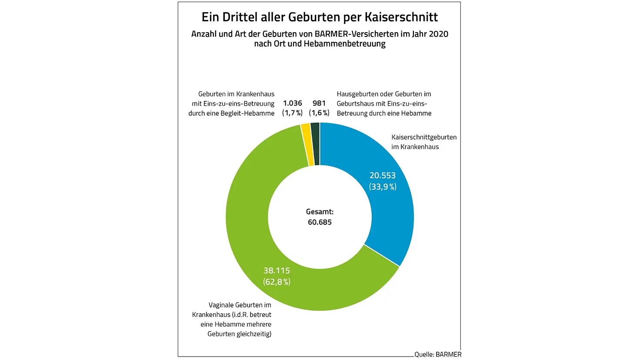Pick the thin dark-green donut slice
coord(315,143)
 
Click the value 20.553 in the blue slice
coord(383,176)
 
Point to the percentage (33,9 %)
coord(383,187)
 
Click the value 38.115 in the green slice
coord(277,270)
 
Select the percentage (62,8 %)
coord(277,282)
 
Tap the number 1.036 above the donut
coord(292,103)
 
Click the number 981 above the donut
coord(319,103)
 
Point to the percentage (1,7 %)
coord(292,113)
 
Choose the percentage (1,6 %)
coord(319,113)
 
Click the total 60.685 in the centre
coord(320,222)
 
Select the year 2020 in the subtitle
coord(438,34)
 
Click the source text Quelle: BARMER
coord(438,354)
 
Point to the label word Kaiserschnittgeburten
coord(424,137)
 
